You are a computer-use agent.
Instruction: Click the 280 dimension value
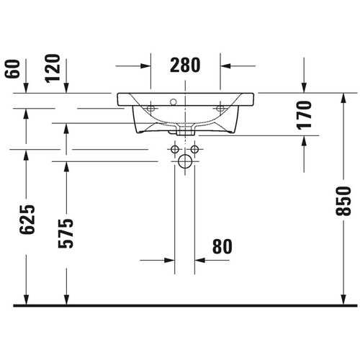[x=185, y=65]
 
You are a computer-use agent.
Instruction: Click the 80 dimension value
[x=222, y=246]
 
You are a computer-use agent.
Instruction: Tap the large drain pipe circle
[x=186, y=163]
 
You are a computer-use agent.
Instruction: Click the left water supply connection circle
[x=174, y=150]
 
